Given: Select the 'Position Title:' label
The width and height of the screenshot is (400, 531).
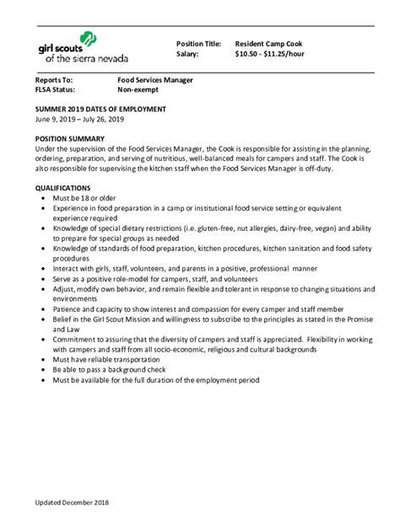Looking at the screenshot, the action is point(198,43).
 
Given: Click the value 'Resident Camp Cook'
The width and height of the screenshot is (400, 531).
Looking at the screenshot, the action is point(268,43).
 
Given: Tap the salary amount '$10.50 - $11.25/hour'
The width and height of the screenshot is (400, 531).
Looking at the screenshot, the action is point(270,53).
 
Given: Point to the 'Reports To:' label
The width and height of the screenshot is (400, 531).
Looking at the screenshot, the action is point(53,79).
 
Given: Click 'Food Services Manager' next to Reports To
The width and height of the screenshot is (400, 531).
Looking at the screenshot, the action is point(155,79).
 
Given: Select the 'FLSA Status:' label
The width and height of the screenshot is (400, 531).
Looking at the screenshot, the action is point(55,89).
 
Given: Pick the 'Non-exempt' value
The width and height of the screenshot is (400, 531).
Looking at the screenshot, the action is point(137,89).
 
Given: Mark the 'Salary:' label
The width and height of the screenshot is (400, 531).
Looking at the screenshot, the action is point(187,53).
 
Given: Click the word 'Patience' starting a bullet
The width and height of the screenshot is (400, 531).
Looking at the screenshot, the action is point(68,308).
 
